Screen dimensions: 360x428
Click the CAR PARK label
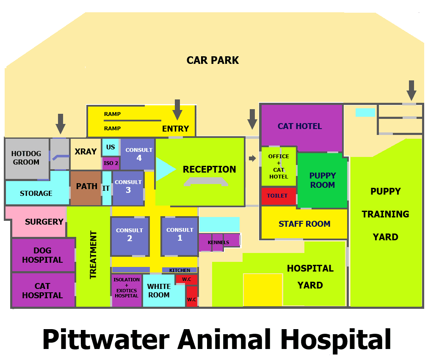(213, 60)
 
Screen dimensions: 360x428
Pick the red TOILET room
(278, 196)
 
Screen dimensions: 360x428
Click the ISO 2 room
(111, 163)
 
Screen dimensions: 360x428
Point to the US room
(110, 147)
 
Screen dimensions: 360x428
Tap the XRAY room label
(86, 152)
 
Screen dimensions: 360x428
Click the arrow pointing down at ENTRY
(177, 110)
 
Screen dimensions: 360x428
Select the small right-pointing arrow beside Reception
(252, 158)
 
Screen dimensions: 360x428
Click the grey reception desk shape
(206, 181)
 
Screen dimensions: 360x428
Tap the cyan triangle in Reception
(165, 169)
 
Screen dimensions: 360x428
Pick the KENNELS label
(218, 242)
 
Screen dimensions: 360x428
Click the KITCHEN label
(179, 270)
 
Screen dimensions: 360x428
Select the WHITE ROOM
(159, 291)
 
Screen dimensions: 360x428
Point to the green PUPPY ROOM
(322, 181)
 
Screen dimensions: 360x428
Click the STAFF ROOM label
(304, 224)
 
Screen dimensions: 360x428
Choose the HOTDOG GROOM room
(26, 158)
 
